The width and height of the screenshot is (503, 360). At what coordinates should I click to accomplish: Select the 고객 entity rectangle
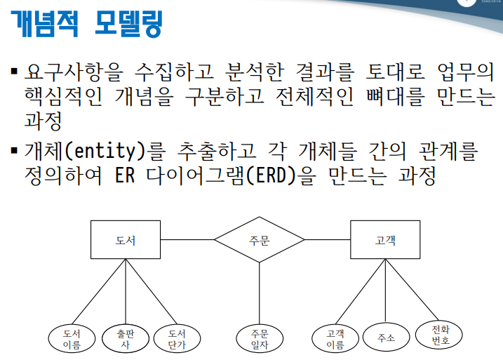(x=385, y=240)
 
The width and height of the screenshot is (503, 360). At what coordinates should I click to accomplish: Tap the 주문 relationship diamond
(x=259, y=240)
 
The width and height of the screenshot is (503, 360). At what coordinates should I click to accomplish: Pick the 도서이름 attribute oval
(x=72, y=338)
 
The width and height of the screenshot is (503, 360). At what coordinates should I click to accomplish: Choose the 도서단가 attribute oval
(x=177, y=338)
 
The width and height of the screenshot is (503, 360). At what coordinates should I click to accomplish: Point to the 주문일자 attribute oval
(x=259, y=338)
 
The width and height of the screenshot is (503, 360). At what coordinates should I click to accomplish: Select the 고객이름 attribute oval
(x=335, y=338)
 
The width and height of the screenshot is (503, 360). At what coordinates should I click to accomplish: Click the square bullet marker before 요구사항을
(x=14, y=72)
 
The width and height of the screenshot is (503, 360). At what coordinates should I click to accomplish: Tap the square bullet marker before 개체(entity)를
(x=14, y=151)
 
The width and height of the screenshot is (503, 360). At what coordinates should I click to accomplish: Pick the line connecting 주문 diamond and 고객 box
(x=328, y=240)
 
